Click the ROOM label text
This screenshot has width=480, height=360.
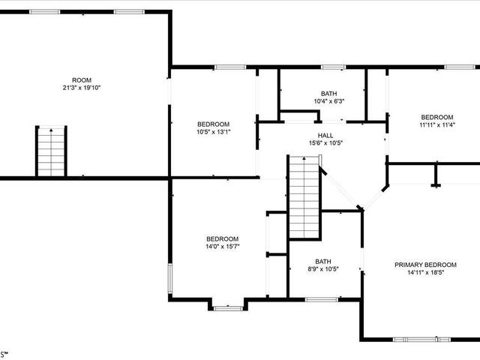pyautogui.click(x=82, y=80)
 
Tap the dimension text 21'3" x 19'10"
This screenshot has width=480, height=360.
pyautogui.click(x=82, y=88)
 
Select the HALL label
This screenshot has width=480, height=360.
pyautogui.click(x=325, y=135)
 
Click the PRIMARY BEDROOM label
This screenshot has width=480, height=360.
pyautogui.click(x=425, y=265)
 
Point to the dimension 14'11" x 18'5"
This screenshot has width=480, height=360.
pyautogui.click(x=425, y=272)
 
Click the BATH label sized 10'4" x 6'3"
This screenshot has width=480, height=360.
pyautogui.click(x=329, y=93)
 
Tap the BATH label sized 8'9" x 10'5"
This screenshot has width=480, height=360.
pyautogui.click(x=323, y=262)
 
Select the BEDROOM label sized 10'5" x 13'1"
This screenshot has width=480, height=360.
pyautogui.click(x=213, y=124)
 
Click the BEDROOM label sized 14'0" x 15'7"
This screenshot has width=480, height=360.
pyautogui.click(x=223, y=238)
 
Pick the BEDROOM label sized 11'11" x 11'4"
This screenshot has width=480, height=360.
pyautogui.click(x=437, y=117)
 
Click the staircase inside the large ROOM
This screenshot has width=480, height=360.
pyautogui.click(x=51, y=151)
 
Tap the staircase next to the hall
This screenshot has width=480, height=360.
pyautogui.click(x=304, y=197)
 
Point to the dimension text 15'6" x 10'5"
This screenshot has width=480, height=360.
pyautogui.click(x=325, y=143)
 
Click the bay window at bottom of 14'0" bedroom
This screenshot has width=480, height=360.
pyautogui.click(x=228, y=308)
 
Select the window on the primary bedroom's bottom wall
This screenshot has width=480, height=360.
pyautogui.click(x=421, y=339)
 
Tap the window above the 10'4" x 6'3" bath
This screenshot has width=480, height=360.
pyautogui.click(x=333, y=67)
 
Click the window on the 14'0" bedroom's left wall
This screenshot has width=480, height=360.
pyautogui.click(x=170, y=278)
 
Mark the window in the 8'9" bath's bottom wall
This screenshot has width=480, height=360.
pyautogui.click(x=322, y=299)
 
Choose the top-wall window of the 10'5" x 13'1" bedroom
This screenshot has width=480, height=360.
pyautogui.click(x=230, y=67)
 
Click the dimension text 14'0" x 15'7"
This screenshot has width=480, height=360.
pyautogui.click(x=223, y=247)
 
